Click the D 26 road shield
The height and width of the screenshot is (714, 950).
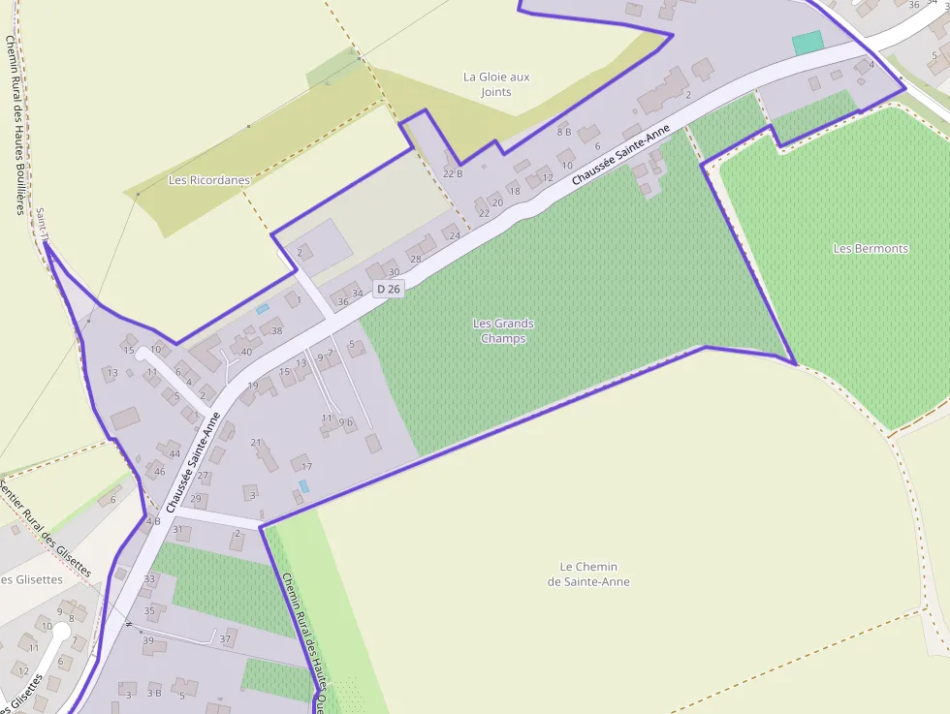388,289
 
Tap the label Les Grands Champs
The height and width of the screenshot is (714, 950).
503,330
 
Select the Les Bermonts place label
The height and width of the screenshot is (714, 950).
871,248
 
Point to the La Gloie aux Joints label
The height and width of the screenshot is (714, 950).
496,84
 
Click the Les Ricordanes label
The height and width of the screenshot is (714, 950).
208,180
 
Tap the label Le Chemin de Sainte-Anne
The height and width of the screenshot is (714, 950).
588,574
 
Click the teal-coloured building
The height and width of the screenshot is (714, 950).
807,43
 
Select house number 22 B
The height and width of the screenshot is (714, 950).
453,173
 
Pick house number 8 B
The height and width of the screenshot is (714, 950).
563,132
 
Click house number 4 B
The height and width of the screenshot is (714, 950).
153,521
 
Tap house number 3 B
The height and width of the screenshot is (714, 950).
154,693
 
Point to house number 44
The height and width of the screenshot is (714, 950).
174,454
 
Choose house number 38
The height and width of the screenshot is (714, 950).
276,331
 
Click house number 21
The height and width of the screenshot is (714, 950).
257,443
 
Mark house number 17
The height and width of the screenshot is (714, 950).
307,467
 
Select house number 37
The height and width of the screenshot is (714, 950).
225,638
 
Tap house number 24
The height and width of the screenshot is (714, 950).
455,235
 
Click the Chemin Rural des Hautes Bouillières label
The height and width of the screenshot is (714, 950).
15,126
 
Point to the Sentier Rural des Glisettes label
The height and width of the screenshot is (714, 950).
47,529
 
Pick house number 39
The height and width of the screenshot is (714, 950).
148,640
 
